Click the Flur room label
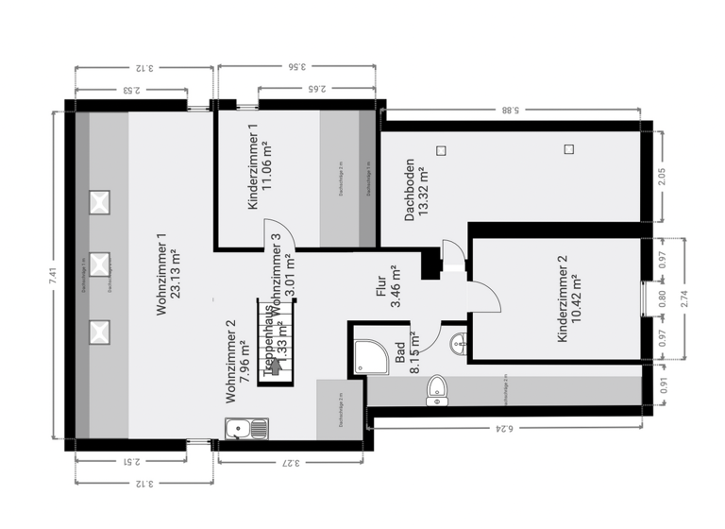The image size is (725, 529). (x=390, y=287)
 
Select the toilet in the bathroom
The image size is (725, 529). (x=437, y=389)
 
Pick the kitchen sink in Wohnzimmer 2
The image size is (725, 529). (x=246, y=429)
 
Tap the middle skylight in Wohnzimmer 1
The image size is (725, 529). (x=99, y=264)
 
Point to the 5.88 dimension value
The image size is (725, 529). (x=511, y=111)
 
